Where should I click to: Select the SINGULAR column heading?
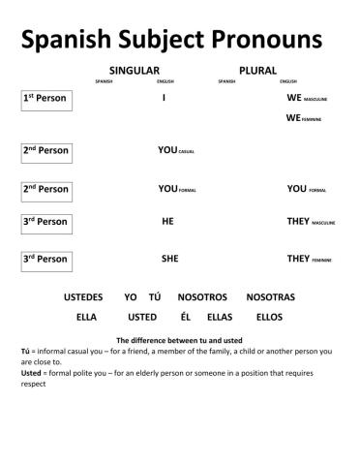click(x=134, y=71)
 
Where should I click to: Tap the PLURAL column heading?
click(x=257, y=71)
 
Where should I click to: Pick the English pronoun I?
click(x=165, y=99)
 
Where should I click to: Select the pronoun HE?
click(x=167, y=222)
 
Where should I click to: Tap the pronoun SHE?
click(x=169, y=259)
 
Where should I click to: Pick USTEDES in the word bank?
click(x=83, y=296)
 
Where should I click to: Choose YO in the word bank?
click(x=131, y=296)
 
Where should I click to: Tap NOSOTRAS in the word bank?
click(x=270, y=296)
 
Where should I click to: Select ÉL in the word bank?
click(x=185, y=317)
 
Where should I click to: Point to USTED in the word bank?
click(x=142, y=317)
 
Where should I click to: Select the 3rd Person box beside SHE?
click(x=45, y=259)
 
